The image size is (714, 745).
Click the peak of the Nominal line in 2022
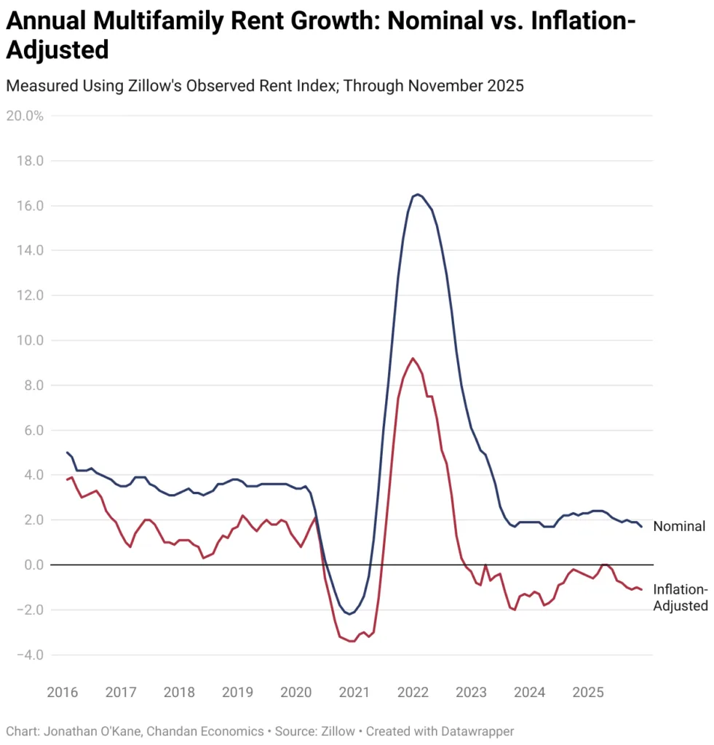click(x=416, y=194)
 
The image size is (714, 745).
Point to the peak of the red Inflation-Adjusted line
click(x=413, y=358)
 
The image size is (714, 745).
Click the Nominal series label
click(x=679, y=526)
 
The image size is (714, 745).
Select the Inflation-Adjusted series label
click(x=681, y=597)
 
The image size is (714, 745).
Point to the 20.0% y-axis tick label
click(x=24, y=116)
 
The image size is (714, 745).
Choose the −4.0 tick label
click(x=28, y=655)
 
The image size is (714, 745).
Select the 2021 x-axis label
click(x=354, y=692)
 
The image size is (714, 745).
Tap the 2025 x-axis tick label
click(x=587, y=692)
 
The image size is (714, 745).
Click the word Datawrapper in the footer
click(x=477, y=730)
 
